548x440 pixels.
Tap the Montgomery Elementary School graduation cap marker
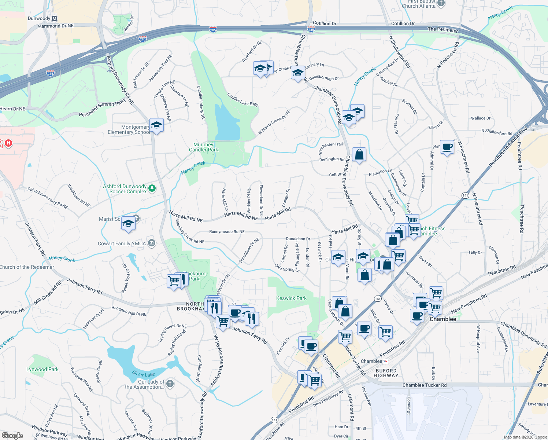(x=156, y=125)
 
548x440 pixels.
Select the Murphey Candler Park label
(x=203, y=147)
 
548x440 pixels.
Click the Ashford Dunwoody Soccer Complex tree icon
(x=152, y=188)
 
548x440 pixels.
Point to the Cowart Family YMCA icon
(x=152, y=243)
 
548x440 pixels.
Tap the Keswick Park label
(x=291, y=298)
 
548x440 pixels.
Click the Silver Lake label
(x=144, y=374)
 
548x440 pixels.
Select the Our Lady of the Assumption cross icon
(x=170, y=384)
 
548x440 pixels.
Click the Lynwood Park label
(x=42, y=369)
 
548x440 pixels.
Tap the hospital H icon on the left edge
(x=8, y=143)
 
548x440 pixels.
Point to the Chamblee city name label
(x=443, y=319)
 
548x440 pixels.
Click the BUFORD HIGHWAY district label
(x=386, y=373)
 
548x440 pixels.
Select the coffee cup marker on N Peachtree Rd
(x=447, y=147)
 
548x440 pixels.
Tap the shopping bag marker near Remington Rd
(x=359, y=155)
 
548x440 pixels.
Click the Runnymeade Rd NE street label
(x=227, y=232)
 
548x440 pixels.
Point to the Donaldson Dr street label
(x=298, y=239)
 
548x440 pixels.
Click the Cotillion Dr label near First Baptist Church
(x=403, y=23)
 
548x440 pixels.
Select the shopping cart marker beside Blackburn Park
(x=174, y=281)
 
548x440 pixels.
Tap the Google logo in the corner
(x=12, y=435)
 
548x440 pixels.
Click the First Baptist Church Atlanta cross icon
(x=441, y=3)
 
